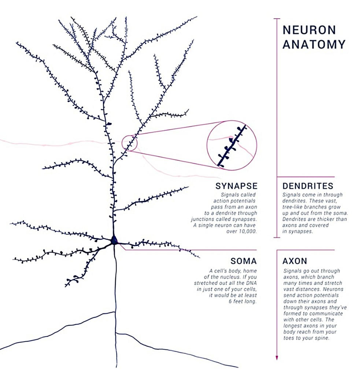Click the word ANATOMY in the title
click(314, 44)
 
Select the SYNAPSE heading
click(236, 186)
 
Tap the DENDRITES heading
click(308, 186)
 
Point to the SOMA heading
click(244, 261)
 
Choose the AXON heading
click(295, 261)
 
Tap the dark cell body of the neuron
click(114, 240)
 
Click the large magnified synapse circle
click(232, 145)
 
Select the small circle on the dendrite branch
click(129, 143)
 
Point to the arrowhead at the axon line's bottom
click(277, 357)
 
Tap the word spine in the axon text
click(323, 338)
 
